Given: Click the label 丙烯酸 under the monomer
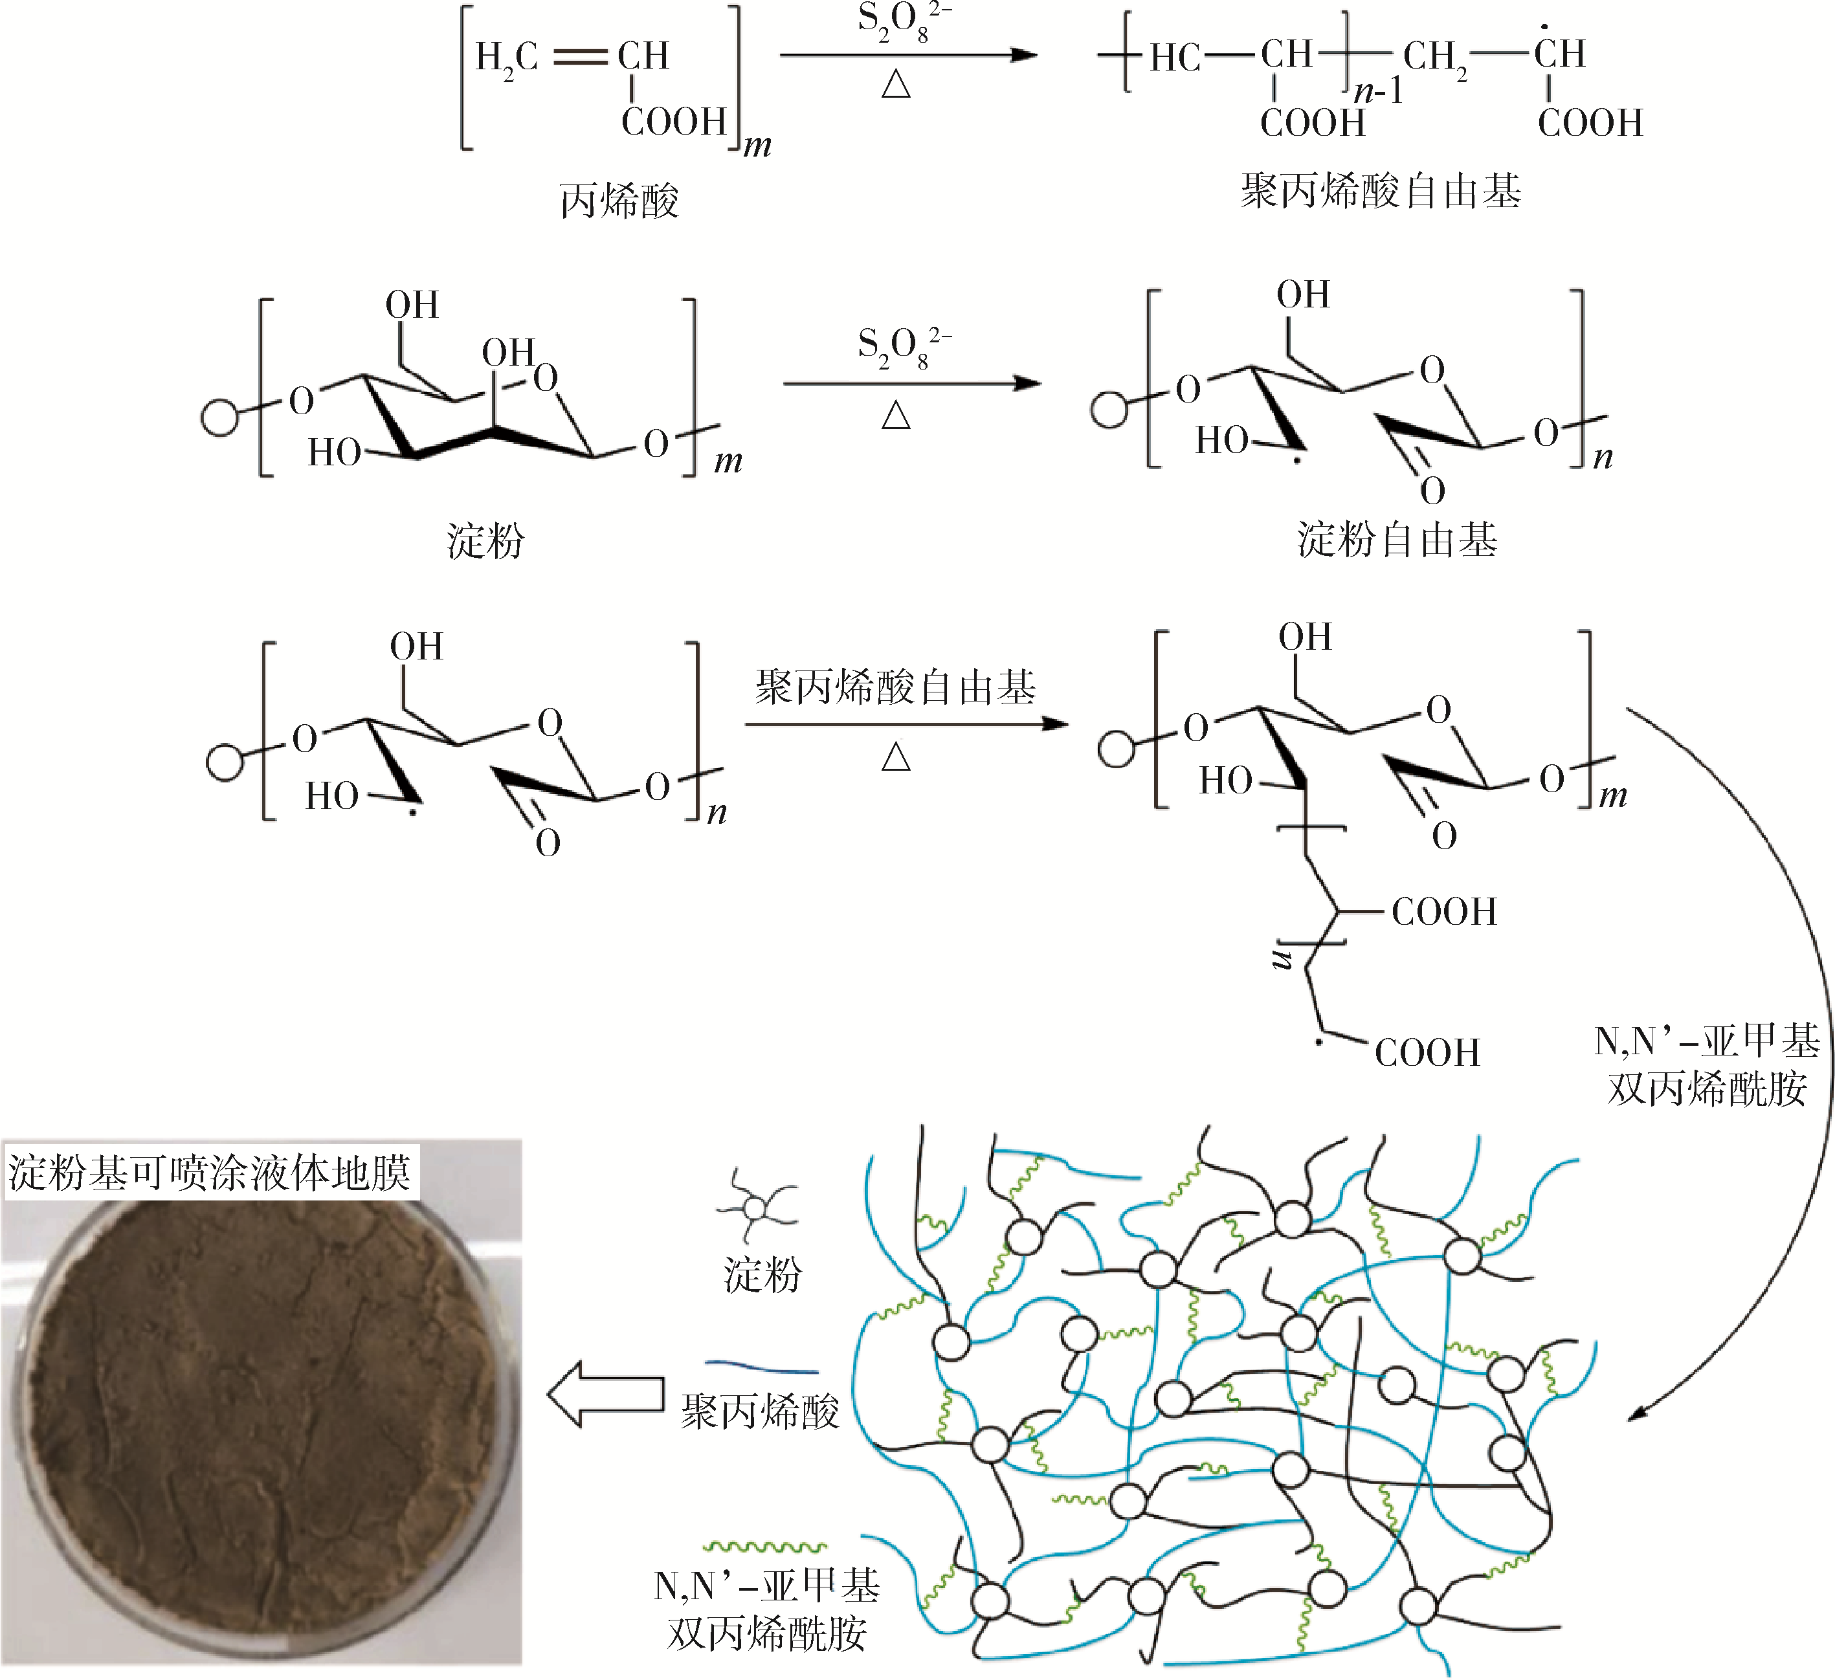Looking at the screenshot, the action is [x=619, y=200].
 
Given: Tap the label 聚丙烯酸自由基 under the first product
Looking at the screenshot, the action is [x=1380, y=191].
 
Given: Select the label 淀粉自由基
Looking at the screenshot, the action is [x=1397, y=539].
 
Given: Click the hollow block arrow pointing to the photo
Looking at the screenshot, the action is [x=605, y=1394].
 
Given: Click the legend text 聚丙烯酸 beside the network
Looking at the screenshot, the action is [x=760, y=1411].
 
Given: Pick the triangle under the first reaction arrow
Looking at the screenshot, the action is [x=896, y=85].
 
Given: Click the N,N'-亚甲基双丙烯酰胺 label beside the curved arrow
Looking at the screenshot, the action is [x=1707, y=1064].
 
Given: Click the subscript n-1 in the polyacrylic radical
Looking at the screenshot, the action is [x=1379, y=91].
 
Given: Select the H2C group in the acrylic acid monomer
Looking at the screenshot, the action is [x=507, y=58].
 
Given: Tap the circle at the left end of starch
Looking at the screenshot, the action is [x=219, y=417].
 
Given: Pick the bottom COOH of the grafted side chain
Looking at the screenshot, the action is [x=1427, y=1052].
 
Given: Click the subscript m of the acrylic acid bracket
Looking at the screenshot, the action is [x=757, y=146].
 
